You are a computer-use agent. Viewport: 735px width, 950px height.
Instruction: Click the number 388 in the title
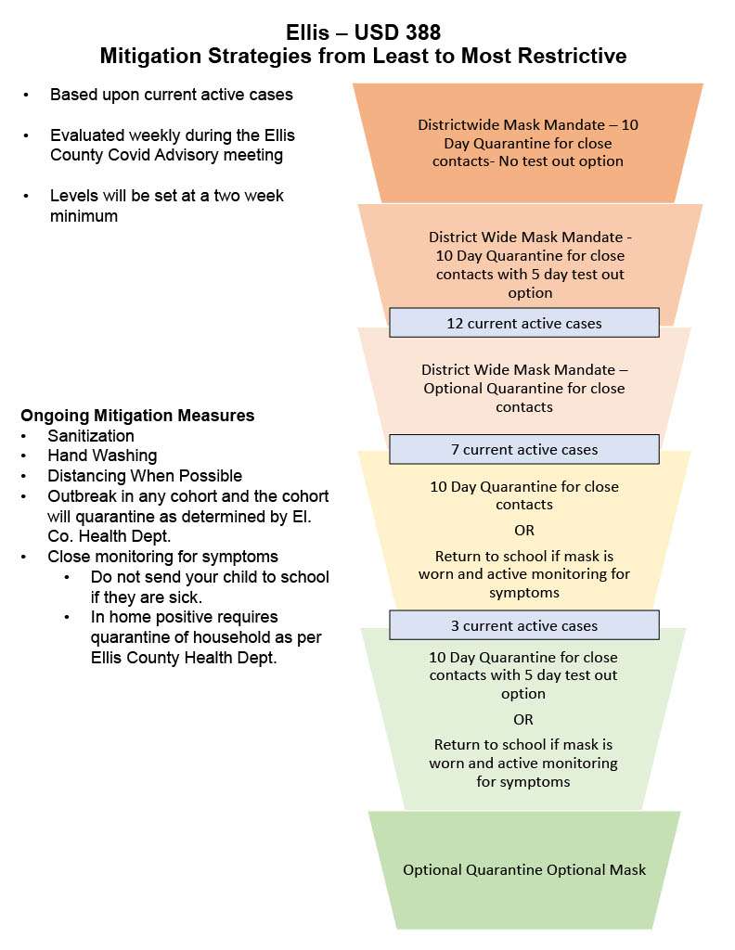click(x=419, y=32)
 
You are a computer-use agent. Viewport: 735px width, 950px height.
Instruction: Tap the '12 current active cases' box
click(x=524, y=322)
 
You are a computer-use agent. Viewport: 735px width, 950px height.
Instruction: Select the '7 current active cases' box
click(x=524, y=449)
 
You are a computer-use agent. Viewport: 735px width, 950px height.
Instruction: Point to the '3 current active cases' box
click(x=524, y=624)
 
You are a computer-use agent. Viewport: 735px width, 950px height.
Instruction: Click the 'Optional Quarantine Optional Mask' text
click(x=524, y=869)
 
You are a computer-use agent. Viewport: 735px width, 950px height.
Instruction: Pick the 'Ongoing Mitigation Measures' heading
click(x=137, y=416)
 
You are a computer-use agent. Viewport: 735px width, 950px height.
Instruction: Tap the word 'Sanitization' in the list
click(x=91, y=436)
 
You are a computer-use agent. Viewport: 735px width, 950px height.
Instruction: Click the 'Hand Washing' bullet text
click(x=102, y=456)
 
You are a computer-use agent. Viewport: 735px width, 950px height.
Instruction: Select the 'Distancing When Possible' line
click(x=145, y=476)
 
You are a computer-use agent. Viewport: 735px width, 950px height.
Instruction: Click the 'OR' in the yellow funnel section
click(x=524, y=530)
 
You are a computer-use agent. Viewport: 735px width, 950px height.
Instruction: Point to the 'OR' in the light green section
click(x=522, y=719)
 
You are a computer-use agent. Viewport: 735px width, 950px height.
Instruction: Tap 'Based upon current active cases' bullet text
click(x=172, y=95)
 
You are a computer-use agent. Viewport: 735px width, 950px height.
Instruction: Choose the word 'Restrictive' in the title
click(x=573, y=56)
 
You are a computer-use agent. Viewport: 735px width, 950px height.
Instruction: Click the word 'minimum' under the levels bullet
click(x=84, y=215)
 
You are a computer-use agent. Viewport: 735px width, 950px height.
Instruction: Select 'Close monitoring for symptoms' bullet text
click(x=163, y=557)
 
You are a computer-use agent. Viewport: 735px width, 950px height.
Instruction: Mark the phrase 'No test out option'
click(x=561, y=161)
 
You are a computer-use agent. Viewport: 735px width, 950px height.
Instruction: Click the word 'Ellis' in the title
click(x=308, y=32)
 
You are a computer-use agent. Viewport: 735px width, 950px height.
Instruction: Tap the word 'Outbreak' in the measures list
click(x=82, y=496)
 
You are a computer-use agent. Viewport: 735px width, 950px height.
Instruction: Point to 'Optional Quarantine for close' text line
click(x=524, y=388)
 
